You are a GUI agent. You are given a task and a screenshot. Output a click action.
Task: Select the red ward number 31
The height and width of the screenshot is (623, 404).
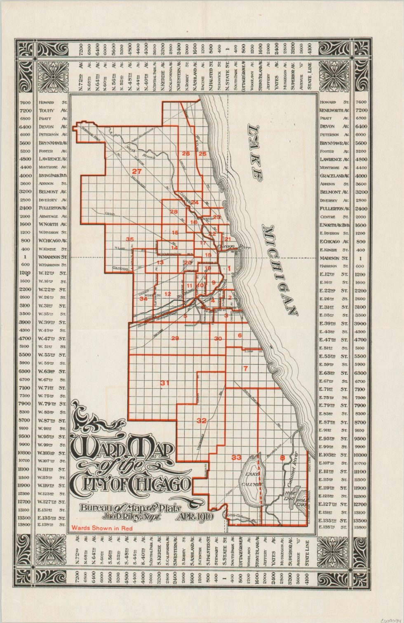tap(165, 383)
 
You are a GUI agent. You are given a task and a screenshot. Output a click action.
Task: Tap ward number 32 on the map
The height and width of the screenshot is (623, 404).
tap(202, 421)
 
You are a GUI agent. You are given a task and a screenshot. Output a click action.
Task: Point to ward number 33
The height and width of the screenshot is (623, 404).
tap(236, 457)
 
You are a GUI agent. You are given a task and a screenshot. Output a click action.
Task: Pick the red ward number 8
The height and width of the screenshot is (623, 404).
tap(282, 458)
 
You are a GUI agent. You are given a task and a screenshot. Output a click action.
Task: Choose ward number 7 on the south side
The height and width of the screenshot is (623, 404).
tap(245, 368)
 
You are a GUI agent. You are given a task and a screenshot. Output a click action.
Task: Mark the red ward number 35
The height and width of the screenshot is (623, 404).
tap(130, 239)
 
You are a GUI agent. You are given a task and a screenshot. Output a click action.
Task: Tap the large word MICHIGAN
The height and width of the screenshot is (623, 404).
tap(280, 270)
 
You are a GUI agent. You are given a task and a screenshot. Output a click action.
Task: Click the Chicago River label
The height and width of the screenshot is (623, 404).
tap(233, 246)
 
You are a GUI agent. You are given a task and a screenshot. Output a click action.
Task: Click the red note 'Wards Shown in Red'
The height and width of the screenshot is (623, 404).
tap(102, 528)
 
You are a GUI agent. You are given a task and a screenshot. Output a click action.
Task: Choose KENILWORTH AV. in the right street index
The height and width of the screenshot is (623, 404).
tap(334, 111)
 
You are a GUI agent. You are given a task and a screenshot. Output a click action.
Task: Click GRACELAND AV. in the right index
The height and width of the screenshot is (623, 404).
tap(334, 176)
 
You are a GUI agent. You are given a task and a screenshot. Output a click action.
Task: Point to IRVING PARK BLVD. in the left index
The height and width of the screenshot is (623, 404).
tap(52, 176)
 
